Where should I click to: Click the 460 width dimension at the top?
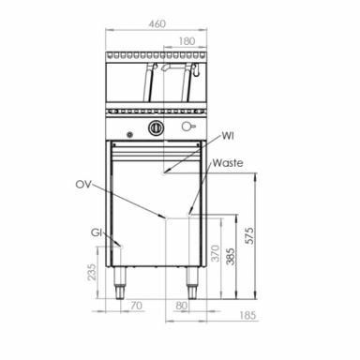[157, 24]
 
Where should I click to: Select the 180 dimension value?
[187, 41]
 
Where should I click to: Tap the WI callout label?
[228, 137]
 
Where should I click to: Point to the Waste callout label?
[228, 163]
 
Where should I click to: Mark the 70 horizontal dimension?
[136, 306]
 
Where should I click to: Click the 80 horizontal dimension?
[180, 306]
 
